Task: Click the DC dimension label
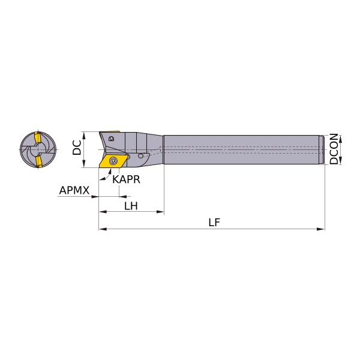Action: tap(77, 148)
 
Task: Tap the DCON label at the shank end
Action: tap(334, 149)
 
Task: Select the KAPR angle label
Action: tap(126, 179)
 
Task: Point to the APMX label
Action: tap(74, 190)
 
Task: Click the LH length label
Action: tap(131, 206)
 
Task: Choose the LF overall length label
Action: tap(214, 222)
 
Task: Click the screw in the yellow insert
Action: tap(113, 160)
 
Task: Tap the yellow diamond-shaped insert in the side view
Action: tap(113, 161)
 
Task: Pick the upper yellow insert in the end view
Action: tap(38, 137)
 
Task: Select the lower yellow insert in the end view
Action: tap(38, 161)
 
